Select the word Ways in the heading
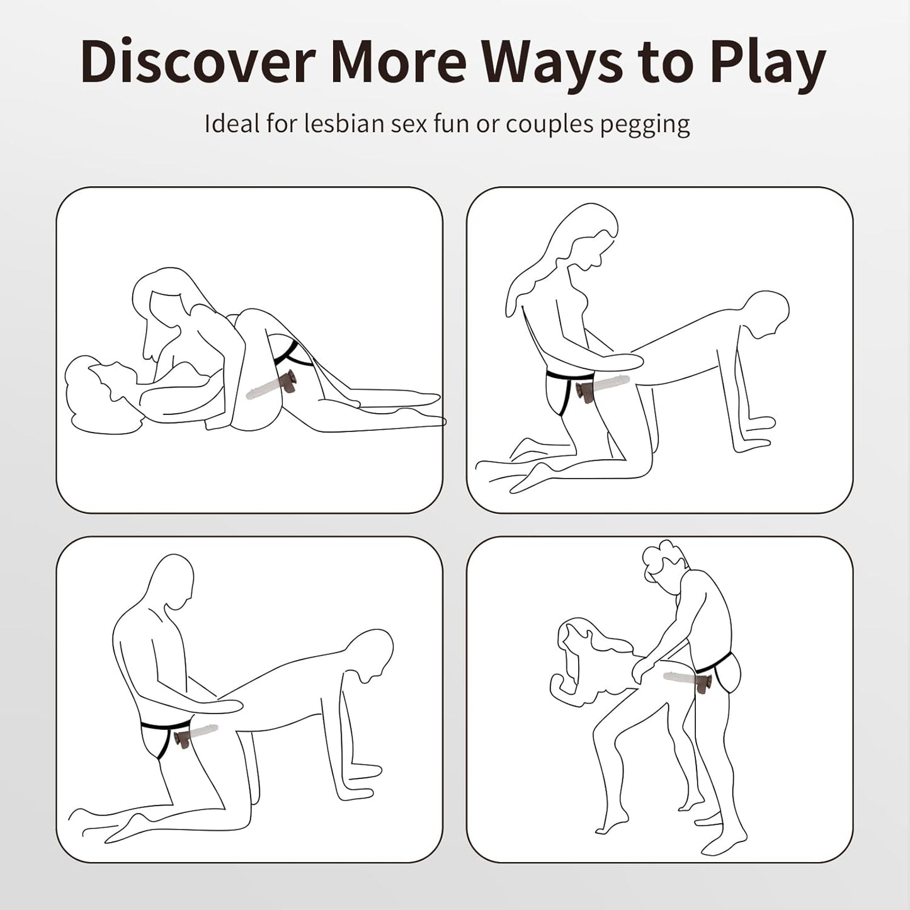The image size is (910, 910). pyautogui.click(x=555, y=66)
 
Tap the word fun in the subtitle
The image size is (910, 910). pyautogui.click(x=454, y=123)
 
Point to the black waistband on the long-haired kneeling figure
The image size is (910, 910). pyautogui.click(x=569, y=376)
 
